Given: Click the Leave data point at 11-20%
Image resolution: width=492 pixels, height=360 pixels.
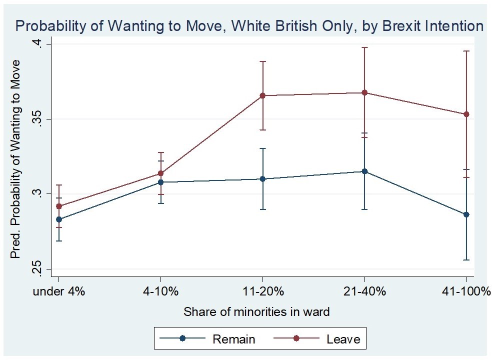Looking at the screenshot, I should coord(262,95).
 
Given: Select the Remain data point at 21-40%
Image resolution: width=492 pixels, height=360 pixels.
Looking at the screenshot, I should coord(364,171).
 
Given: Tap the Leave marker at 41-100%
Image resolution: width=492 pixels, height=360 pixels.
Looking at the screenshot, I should coord(466,114).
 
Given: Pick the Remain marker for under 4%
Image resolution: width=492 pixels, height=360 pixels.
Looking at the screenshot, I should coord(59,219).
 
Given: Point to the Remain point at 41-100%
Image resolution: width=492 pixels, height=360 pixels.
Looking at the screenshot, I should coord(466,214).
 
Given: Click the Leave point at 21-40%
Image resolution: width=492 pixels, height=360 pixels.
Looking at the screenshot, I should coord(364,92).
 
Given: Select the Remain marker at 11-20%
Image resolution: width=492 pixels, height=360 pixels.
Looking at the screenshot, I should coord(262,178).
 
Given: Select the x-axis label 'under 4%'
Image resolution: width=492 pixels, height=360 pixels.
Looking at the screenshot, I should coord(59,292).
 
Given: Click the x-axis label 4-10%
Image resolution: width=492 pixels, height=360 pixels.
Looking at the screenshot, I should coord(160,292).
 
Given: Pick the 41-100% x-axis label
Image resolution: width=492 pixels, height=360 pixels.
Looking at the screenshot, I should coord(465,292).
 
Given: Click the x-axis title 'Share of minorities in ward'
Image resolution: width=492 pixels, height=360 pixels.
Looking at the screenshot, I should coord(256,312).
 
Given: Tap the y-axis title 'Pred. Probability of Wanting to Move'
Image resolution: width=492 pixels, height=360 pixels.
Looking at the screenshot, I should coord(16,159).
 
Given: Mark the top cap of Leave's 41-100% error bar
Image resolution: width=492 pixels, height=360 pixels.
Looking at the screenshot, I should coord(466,51).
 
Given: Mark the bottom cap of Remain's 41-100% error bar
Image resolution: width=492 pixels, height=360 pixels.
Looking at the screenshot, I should coord(466,260).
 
